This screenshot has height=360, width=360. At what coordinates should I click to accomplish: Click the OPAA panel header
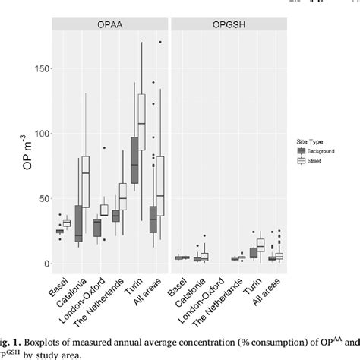click(109, 25)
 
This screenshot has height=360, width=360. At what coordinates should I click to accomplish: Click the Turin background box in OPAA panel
click(134, 160)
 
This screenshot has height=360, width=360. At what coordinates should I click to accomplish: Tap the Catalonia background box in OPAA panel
click(77, 223)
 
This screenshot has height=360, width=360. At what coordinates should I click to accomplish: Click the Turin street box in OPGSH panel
click(261, 245)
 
